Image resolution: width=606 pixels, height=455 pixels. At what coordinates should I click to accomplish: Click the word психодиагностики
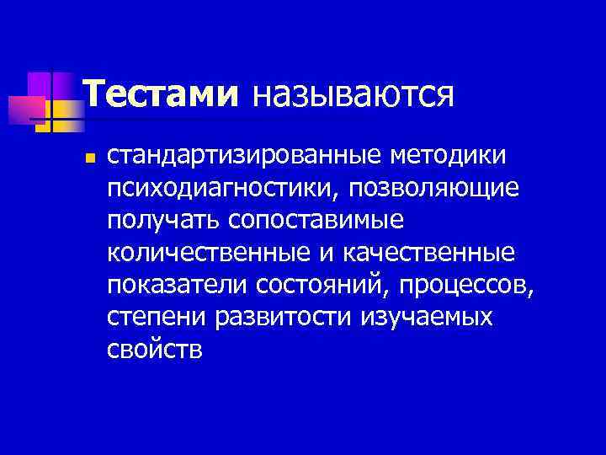point(221,187)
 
